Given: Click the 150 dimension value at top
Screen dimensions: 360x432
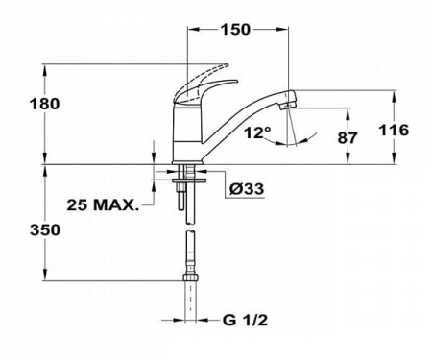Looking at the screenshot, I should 235,29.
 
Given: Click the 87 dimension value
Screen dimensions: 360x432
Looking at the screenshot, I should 347,138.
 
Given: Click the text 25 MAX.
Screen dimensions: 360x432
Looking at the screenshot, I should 102,204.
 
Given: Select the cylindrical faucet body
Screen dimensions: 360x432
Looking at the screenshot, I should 185,134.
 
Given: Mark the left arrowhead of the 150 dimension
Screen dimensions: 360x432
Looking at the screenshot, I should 190,29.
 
